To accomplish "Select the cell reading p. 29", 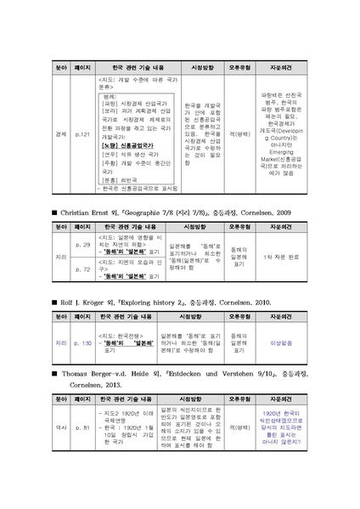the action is (x=83, y=244).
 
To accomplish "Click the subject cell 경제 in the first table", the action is (x=60, y=133).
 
